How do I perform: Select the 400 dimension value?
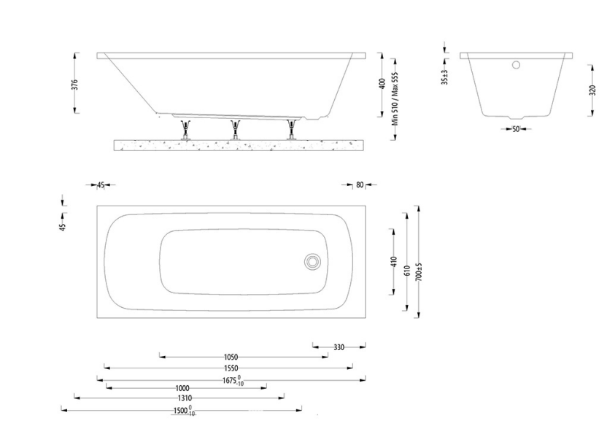tap(381, 84)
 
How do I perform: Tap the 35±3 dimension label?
tap(445, 77)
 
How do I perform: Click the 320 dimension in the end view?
tap(592, 90)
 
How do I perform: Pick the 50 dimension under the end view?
tap(516, 129)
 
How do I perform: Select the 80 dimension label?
tap(360, 185)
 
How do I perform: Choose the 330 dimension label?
tap(339, 347)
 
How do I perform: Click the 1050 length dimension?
tap(231, 357)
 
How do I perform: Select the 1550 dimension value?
tap(231, 368)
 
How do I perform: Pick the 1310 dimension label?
tap(184, 398)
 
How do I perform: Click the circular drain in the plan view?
tap(313, 260)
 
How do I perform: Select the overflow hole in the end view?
tap(516, 65)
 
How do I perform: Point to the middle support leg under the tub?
tap(236, 129)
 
